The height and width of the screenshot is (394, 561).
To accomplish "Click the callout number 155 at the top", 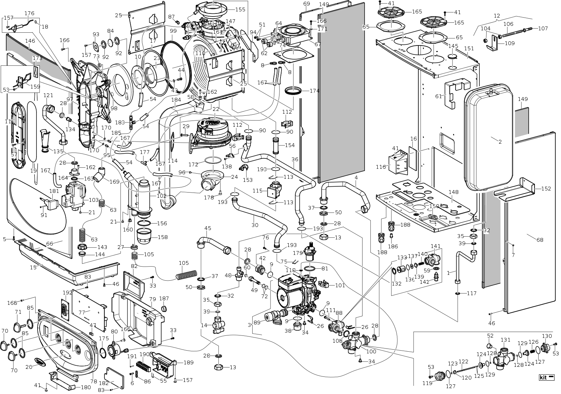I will point(240,9).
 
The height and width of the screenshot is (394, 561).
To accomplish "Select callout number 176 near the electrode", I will point(29,13).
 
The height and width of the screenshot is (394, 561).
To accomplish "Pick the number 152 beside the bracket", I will point(546,188).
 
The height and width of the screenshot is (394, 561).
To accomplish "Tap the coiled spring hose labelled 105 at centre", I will point(186,274).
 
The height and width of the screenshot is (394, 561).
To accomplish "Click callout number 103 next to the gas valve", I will point(93,200).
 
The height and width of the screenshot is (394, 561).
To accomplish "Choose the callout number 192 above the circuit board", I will point(68,292).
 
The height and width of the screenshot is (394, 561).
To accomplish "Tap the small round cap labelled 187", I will point(165,307).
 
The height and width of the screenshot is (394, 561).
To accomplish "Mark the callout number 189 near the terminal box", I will point(188,362).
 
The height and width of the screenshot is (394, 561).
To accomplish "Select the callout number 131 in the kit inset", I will point(506,340).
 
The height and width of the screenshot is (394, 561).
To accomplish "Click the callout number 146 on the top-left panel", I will point(30,41).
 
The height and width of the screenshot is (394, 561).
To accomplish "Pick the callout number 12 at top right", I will point(497,16).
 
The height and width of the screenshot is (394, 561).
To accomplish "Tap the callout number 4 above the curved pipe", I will point(356,177).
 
